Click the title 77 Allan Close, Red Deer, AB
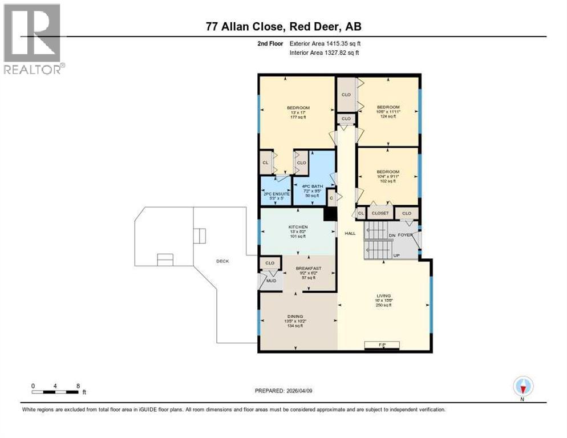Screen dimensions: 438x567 [x=283, y=27]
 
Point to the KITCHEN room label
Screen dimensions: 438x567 [x=297, y=227]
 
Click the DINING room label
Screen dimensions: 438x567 [x=295, y=316]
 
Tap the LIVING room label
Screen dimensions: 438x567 [x=383, y=296]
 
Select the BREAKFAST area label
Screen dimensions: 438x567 [x=308, y=268]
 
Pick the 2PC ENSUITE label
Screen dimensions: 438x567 [x=276, y=194]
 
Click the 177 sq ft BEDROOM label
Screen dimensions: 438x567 [x=298, y=108]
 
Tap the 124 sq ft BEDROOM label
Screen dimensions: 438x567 [x=388, y=107]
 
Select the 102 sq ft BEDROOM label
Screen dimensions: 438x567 [x=388, y=172]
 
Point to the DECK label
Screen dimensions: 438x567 [x=222, y=261]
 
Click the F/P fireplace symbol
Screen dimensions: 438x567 [x=382, y=344]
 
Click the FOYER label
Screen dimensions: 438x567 [x=405, y=234]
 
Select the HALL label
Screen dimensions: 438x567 [x=350, y=233]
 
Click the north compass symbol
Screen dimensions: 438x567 [x=522, y=387]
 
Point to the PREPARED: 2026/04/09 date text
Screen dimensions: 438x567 [x=283, y=391]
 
